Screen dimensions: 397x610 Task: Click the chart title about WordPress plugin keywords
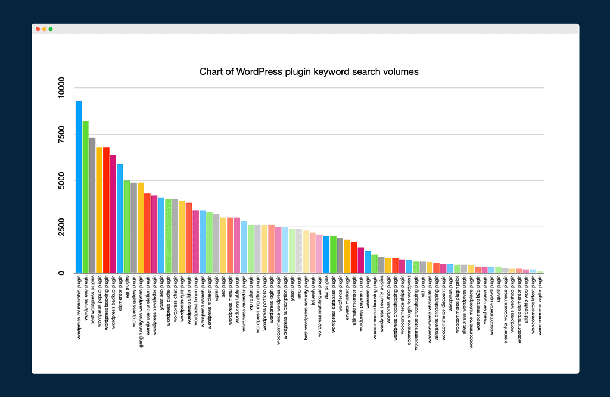coord(309,72)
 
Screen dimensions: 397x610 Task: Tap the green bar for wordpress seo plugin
coord(86,197)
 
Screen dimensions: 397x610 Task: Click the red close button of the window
coord(38,29)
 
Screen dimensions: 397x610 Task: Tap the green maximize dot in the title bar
coord(51,29)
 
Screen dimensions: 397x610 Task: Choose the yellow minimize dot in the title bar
coord(44,29)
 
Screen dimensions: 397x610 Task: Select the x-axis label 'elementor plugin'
coord(120,293)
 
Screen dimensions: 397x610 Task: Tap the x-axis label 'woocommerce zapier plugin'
coord(540,305)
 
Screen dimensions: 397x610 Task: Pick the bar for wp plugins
coord(127,227)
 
